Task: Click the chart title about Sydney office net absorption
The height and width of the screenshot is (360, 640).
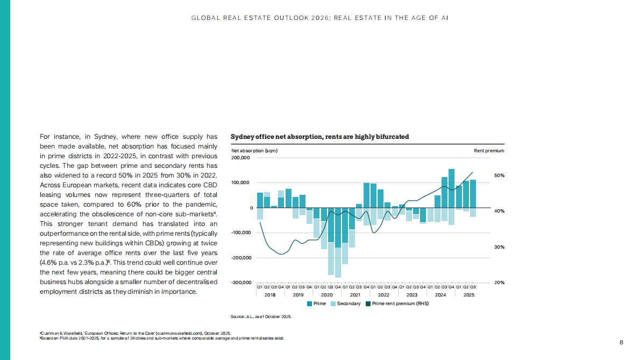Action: tap(319, 137)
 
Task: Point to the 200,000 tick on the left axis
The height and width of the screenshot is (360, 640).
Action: tap(240, 158)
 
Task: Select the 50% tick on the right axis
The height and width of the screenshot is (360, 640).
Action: tap(499, 175)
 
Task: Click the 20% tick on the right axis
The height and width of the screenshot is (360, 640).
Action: tap(499, 283)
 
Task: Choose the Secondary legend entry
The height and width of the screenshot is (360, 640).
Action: tap(345, 303)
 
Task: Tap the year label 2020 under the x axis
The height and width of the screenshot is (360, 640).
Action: tap(326, 295)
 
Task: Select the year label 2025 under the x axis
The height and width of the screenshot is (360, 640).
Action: tap(468, 295)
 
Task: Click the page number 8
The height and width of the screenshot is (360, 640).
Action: tap(621, 342)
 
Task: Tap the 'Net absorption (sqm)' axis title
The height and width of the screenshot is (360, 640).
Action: tap(254, 151)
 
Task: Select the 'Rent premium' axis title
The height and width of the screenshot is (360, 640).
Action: tap(489, 151)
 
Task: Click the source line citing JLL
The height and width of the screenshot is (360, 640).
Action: tap(261, 316)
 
